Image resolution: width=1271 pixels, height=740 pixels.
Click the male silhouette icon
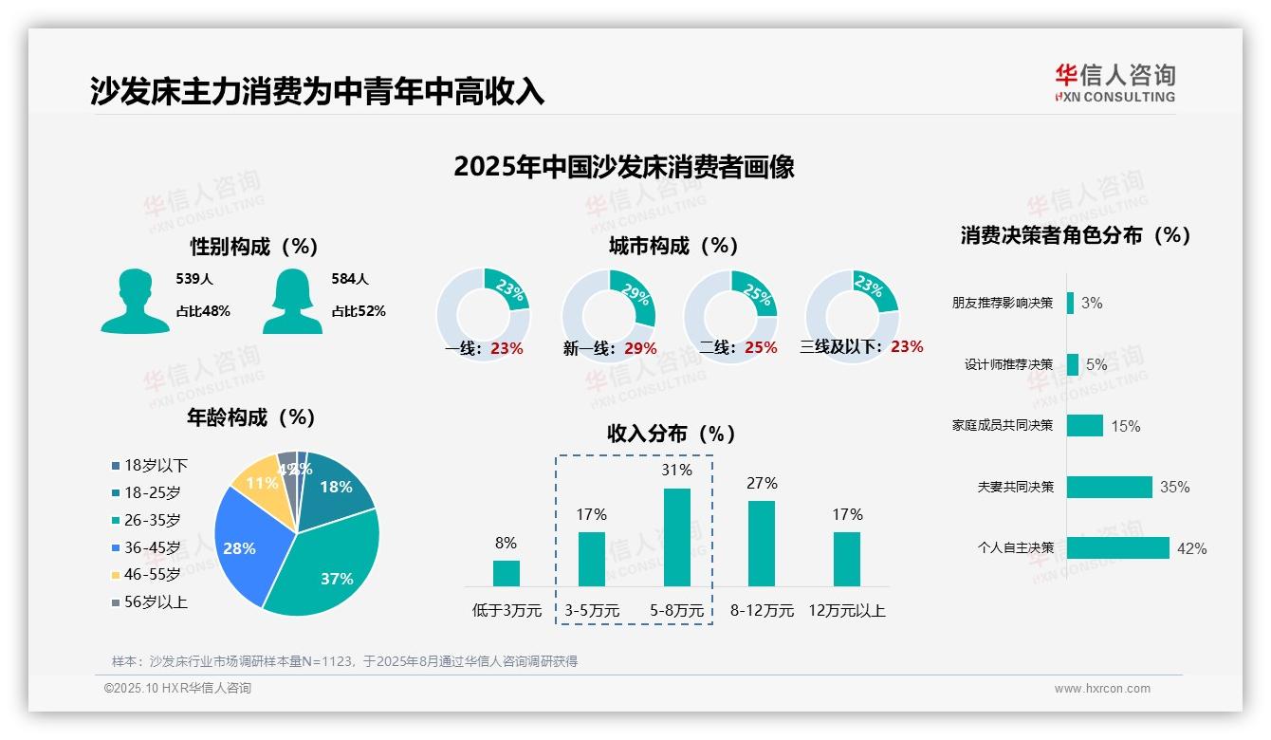[x=135, y=301]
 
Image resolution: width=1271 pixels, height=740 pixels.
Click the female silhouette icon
[x=292, y=301]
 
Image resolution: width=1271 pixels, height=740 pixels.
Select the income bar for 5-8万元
[x=676, y=537]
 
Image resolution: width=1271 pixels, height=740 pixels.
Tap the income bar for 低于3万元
[x=506, y=573]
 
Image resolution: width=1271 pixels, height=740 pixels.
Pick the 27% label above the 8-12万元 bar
[x=762, y=484]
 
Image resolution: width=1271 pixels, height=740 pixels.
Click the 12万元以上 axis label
[x=846, y=611]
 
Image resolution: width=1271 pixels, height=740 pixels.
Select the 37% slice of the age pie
[x=327, y=560]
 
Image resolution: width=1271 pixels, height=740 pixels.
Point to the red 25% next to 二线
[x=761, y=348]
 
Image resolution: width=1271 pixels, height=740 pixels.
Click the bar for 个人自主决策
[x=1117, y=548]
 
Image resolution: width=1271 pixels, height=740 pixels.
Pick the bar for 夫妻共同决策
[x=1109, y=487]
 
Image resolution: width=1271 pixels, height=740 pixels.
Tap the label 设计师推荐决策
[x=1008, y=364]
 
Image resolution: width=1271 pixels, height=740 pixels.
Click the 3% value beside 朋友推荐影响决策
[x=1092, y=304]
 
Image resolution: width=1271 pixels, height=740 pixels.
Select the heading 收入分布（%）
[x=672, y=434]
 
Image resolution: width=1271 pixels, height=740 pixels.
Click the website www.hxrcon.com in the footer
[x=1102, y=689]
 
